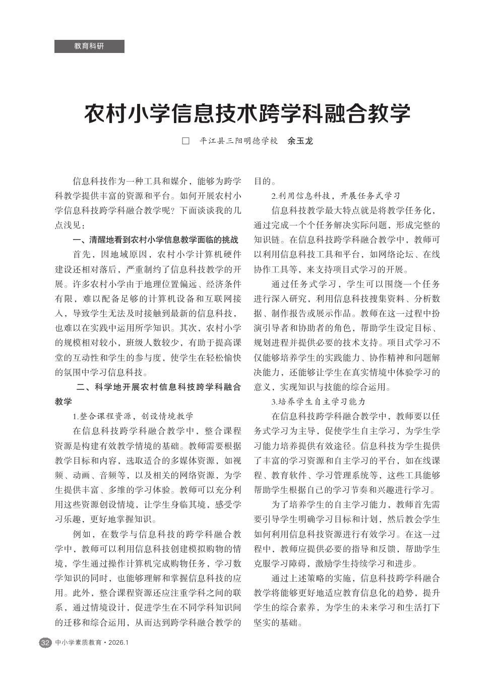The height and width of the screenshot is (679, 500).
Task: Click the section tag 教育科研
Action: click(89, 46)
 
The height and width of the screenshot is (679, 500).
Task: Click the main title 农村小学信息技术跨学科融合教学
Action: click(247, 114)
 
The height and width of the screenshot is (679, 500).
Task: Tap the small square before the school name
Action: click(185, 141)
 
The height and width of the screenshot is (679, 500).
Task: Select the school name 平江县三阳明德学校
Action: click(238, 141)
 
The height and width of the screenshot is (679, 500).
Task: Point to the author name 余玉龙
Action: click(300, 141)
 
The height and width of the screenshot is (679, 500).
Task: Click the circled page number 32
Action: click(45, 643)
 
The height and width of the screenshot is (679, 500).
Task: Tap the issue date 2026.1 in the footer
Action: click(119, 643)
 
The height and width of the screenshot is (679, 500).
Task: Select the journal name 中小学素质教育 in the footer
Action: click(78, 643)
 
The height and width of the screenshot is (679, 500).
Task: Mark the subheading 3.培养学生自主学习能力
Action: click(318, 402)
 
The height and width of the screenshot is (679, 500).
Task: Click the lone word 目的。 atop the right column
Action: click(265, 181)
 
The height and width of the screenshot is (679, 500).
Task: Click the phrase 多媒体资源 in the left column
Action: click(192, 461)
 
